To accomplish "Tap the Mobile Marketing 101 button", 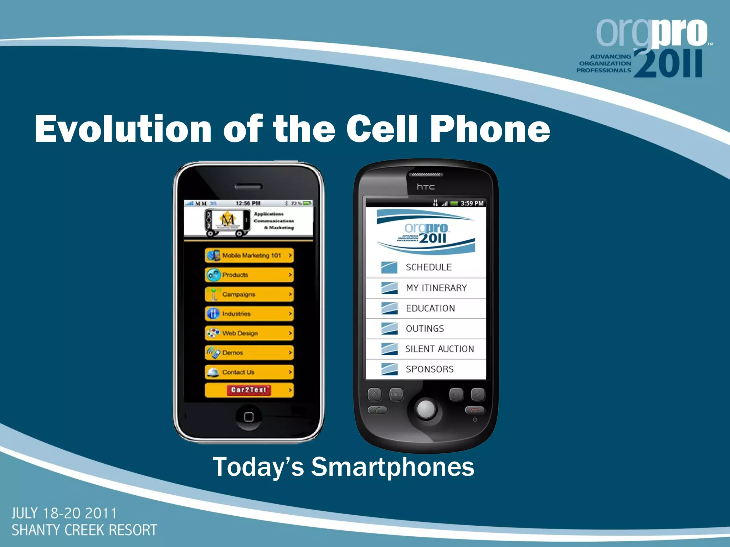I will point(249,255).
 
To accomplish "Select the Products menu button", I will point(249,275).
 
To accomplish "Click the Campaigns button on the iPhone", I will point(249,295).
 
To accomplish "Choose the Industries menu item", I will point(249,314).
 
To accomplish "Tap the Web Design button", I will point(249,333).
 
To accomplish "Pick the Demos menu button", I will point(249,353).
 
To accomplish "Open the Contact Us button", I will point(249,372).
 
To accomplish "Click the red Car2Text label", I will point(249,390).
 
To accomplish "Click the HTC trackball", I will point(426,409).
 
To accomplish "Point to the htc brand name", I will point(426,187).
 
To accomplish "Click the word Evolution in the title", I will point(123,129).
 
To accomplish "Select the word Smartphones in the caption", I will point(393,467).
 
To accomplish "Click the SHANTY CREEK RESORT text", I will point(84,530).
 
